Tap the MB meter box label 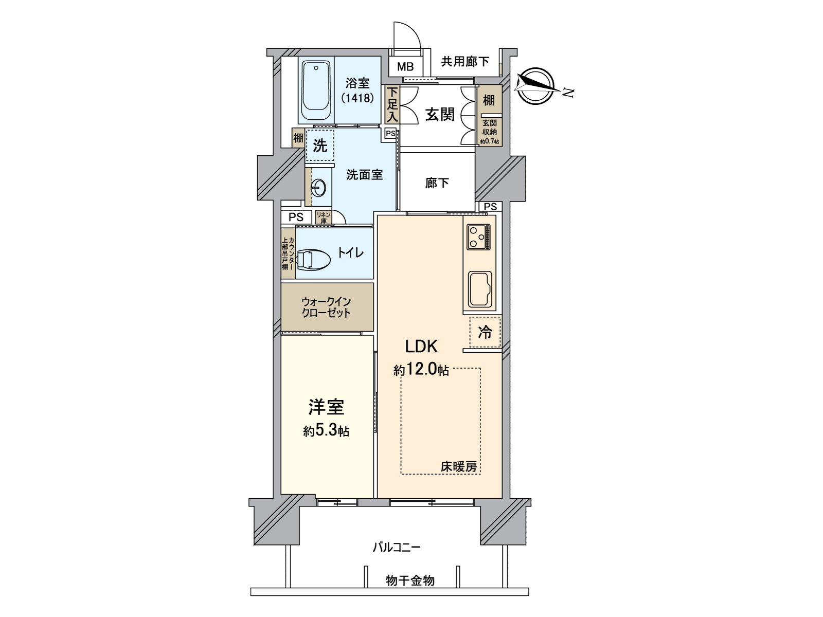(x=405, y=67)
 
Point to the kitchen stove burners (x=478, y=237)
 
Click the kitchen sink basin (x=479, y=289)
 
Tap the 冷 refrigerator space (x=485, y=332)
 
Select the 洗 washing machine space (x=320, y=146)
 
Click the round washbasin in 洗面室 (x=319, y=188)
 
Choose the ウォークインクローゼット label (x=326, y=307)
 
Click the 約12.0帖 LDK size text (x=421, y=370)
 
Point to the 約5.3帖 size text (x=326, y=430)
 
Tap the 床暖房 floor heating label (x=458, y=466)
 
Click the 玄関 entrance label (x=440, y=114)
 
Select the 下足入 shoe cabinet (x=392, y=104)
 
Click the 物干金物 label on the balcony (x=410, y=581)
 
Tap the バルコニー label (x=396, y=547)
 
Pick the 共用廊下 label (x=465, y=62)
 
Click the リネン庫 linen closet (x=323, y=217)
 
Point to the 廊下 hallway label (x=437, y=183)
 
